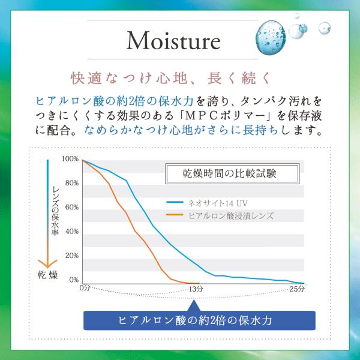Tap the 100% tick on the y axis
70,159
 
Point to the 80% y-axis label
72,183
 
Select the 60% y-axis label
72,207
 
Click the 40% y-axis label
72,232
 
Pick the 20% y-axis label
72,256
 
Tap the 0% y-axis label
74,280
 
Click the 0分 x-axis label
84,289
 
